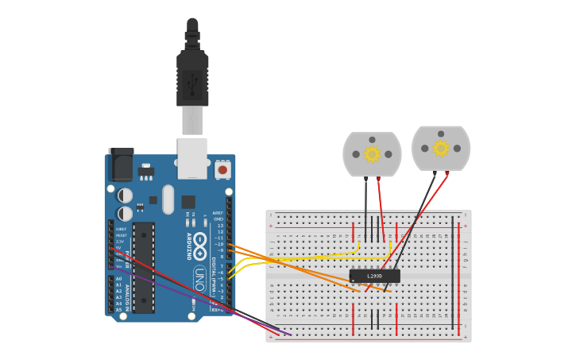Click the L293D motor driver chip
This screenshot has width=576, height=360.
tap(374, 276)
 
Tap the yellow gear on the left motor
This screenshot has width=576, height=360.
tap(372, 154)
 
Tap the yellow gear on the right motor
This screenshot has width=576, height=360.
tap(441, 148)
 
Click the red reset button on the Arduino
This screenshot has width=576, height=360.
tap(222, 169)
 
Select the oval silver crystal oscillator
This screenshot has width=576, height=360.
tap(168, 199)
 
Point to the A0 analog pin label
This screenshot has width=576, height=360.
tap(119, 279)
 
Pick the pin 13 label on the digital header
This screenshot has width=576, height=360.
tap(220, 226)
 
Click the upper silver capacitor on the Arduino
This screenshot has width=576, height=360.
tap(126, 195)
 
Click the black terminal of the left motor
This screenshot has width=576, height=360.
tap(365, 179)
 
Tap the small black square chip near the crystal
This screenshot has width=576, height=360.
tap(188, 202)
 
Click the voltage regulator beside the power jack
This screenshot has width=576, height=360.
tap(146, 170)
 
